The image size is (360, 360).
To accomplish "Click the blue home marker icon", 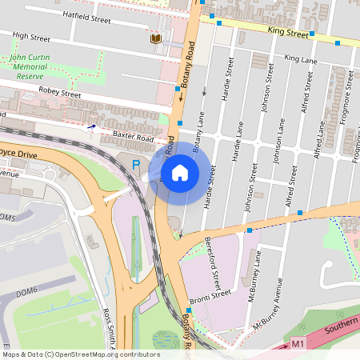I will (x=180, y=172).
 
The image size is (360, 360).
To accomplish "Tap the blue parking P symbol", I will (x=136, y=166).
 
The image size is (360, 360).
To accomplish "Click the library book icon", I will (x=154, y=38).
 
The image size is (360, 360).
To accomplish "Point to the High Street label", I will (x=32, y=38).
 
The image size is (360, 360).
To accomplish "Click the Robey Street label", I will (x=59, y=94).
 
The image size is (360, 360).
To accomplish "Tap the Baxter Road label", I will (x=132, y=138).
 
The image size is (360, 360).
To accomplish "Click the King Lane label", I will (x=301, y=59).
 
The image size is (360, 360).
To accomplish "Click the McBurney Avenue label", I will (x=269, y=305).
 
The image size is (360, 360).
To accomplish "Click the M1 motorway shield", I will (x=298, y=343).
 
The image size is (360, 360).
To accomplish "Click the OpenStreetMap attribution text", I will (x=80, y=354).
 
